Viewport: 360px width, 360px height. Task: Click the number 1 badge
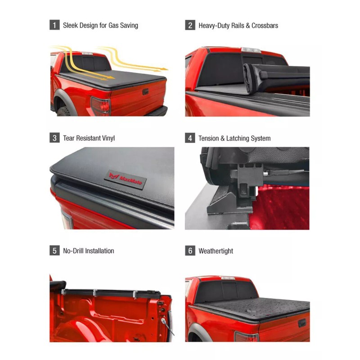click(54, 25)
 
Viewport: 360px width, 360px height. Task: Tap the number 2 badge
click(190, 25)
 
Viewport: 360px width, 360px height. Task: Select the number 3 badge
click(54, 138)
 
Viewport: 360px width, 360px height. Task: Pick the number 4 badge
click(190, 138)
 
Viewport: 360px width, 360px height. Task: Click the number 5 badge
click(54, 251)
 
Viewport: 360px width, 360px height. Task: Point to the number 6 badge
click(190, 251)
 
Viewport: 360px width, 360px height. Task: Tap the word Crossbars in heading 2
click(263, 26)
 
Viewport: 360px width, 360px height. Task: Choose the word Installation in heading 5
click(99, 251)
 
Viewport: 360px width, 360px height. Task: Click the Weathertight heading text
click(216, 251)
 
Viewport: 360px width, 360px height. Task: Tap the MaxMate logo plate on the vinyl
click(126, 180)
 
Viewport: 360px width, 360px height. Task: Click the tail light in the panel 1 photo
click(100, 106)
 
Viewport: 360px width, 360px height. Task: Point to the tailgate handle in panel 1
click(146, 92)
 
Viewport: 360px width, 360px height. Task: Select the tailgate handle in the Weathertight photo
click(301, 323)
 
